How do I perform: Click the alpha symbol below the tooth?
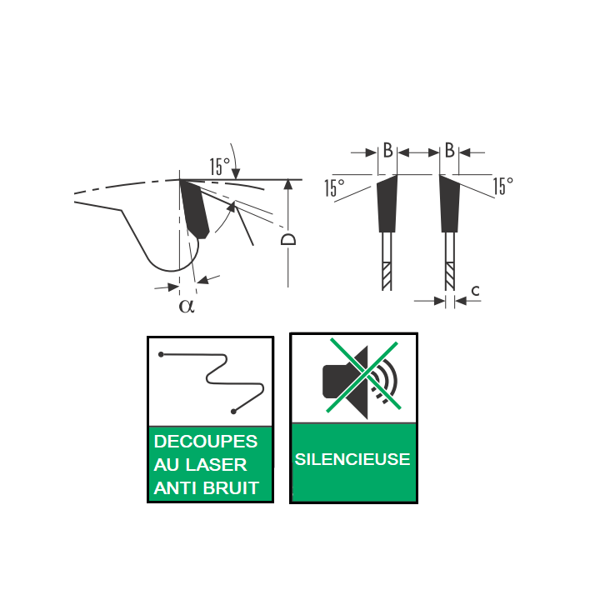pos(187,306)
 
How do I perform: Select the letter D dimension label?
pos(288,239)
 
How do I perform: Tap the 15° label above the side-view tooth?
pos(220,167)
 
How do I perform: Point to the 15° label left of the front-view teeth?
pos(334,187)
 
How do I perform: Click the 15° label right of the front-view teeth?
pos(502,186)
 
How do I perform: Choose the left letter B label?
pos(387,150)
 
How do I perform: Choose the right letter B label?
pos(450,150)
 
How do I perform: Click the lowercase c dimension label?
pos(475,291)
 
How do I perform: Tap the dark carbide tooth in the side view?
pos(195,209)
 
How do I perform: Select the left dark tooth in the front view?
pos(387,203)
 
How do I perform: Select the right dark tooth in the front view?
pos(450,203)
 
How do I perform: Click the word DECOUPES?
pos(206,442)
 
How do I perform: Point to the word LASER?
pos(216,465)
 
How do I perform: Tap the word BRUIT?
pos(231,488)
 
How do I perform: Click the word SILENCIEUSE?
pos(352,459)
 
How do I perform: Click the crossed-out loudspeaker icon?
pos(361,377)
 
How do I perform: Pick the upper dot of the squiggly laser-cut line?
pos(161,355)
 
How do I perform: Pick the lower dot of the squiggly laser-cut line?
pos(233,412)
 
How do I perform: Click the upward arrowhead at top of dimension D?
pos(288,184)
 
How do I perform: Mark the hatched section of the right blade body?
pos(450,276)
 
